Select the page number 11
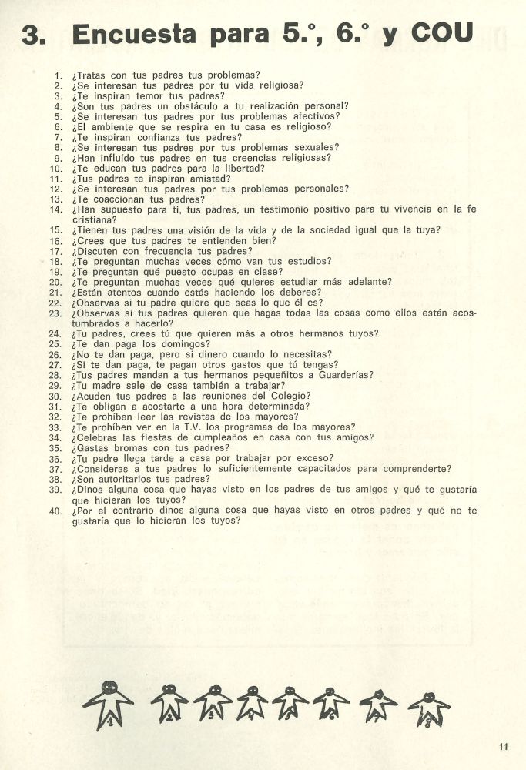[x=504, y=745]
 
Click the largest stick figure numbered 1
[x=109, y=703]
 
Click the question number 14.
[x=55, y=209]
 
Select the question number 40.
[x=55, y=510]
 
